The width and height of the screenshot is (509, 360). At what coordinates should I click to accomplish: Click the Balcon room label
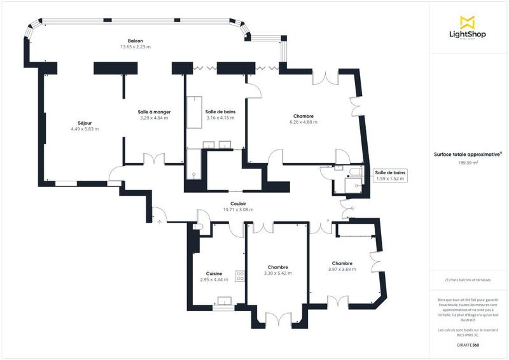135,40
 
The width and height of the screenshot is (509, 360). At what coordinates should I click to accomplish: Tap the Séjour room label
85,122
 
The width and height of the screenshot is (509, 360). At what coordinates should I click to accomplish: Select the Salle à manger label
154,111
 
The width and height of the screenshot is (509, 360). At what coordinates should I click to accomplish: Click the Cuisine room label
214,273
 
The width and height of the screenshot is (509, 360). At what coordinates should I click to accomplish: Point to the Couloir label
239,204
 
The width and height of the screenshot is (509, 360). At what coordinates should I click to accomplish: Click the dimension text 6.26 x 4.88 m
303,122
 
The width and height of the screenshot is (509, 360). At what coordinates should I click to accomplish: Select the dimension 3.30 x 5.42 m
278,273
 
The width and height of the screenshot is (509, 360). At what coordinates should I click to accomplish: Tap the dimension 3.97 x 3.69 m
342,269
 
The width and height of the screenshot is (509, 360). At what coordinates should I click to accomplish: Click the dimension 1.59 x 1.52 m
390,179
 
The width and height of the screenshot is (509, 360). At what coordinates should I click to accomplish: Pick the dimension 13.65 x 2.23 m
135,47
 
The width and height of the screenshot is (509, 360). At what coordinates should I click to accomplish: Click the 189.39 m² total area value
468,163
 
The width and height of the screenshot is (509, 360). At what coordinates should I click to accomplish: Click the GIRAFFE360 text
468,343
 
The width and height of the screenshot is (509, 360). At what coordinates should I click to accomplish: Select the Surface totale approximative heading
468,154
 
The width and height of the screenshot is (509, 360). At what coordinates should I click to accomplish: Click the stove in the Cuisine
241,276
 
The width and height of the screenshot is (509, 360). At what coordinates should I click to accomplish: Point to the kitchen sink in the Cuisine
224,301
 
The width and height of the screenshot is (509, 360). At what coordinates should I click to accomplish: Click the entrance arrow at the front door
158,221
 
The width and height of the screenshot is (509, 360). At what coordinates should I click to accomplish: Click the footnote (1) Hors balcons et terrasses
468,280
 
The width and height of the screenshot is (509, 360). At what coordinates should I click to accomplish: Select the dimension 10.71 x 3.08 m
239,210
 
